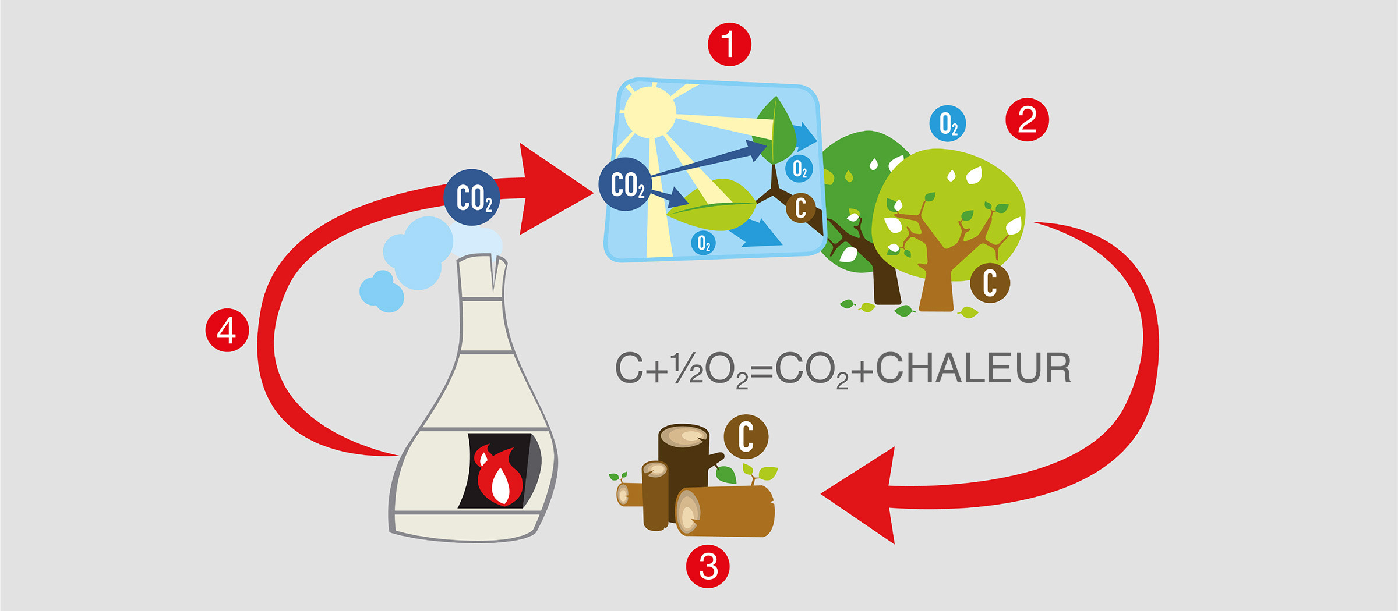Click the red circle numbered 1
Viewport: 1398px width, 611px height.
[729, 44]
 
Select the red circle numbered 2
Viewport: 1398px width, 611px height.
[1027, 120]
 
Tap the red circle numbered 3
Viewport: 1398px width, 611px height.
[708, 566]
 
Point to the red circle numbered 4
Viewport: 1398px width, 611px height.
[227, 331]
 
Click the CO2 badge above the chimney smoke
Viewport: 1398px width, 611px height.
[472, 198]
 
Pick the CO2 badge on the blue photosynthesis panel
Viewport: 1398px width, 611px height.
[626, 184]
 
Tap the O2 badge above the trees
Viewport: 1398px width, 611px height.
[948, 123]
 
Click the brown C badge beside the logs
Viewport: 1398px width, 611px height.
[746, 436]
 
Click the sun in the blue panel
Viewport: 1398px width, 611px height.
[650, 112]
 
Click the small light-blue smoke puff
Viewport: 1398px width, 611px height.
[382, 291]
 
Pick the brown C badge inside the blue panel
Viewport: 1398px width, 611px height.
[800, 208]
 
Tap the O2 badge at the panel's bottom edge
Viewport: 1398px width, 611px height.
[704, 243]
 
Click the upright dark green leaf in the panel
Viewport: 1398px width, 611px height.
[775, 130]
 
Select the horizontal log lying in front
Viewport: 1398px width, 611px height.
[725, 511]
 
